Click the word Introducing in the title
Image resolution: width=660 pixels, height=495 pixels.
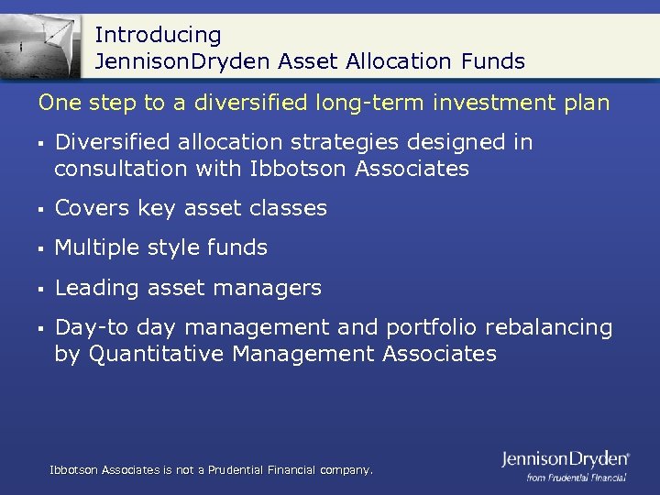point(158,35)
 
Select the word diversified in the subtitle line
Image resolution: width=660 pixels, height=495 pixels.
point(259,103)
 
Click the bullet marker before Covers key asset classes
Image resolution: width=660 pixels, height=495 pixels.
point(42,209)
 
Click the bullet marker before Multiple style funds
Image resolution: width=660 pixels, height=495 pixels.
point(42,248)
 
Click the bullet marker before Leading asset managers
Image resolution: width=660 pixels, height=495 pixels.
point(42,289)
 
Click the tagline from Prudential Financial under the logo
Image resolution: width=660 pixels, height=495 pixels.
point(576,477)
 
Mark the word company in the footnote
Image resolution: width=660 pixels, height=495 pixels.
point(345,469)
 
